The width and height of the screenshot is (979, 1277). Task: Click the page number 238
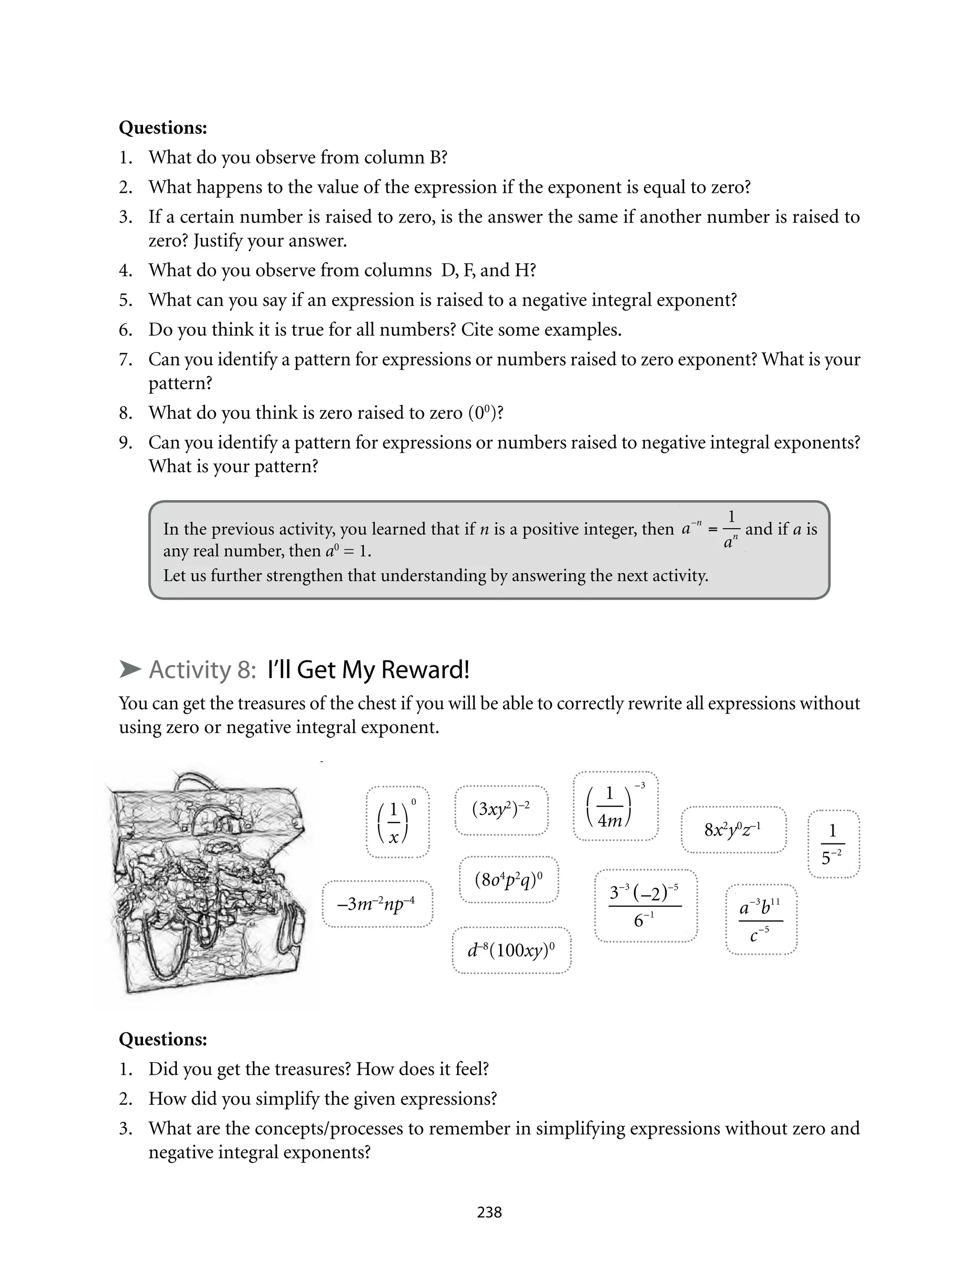pos(489,1212)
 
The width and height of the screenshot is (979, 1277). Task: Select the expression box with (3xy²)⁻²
pos(501,810)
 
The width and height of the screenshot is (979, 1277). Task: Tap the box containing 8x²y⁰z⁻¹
pos(733,829)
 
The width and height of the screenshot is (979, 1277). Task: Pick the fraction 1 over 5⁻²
pos(833,843)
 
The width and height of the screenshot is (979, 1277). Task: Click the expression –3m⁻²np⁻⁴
pos(377,904)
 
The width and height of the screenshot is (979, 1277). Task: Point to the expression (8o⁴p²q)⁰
pos(509,879)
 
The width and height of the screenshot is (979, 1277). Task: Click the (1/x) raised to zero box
pos(397,822)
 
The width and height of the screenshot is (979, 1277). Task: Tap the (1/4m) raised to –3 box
pos(615,806)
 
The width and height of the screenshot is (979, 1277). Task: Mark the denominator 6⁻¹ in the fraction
pos(644,920)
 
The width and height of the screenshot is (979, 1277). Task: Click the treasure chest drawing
pos(207,883)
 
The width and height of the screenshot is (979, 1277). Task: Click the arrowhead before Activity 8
pos(130,669)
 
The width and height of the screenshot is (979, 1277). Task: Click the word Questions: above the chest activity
pos(163,1039)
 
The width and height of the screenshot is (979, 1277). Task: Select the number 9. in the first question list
pos(125,443)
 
